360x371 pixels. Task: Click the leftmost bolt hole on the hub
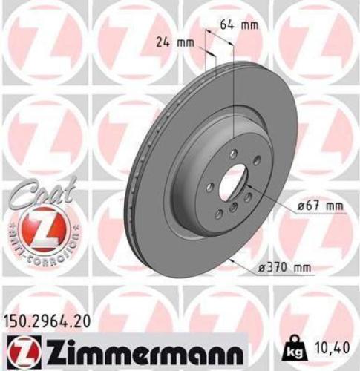pos(210,187)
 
